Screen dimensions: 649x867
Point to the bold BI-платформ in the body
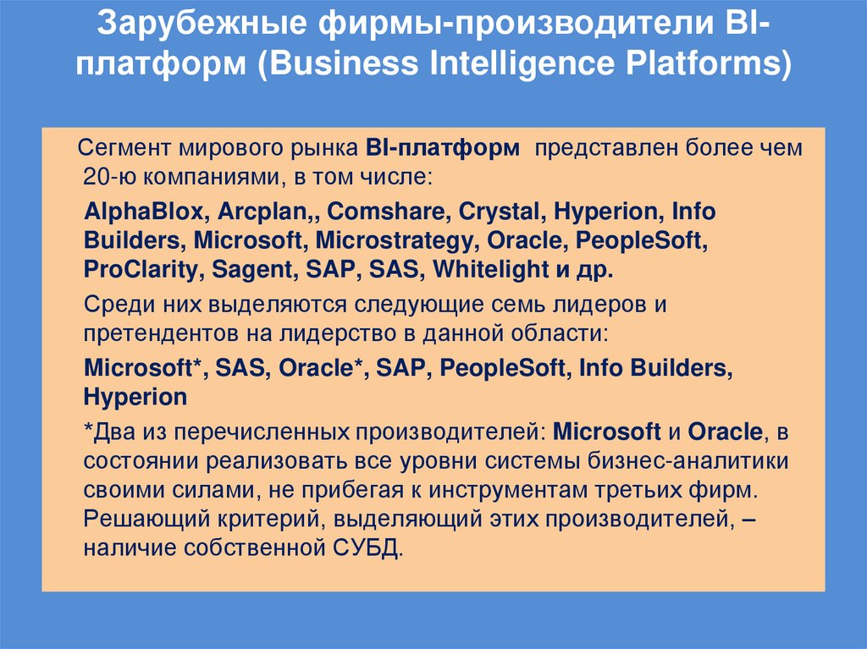(x=444, y=150)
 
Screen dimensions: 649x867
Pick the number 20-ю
(x=104, y=178)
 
